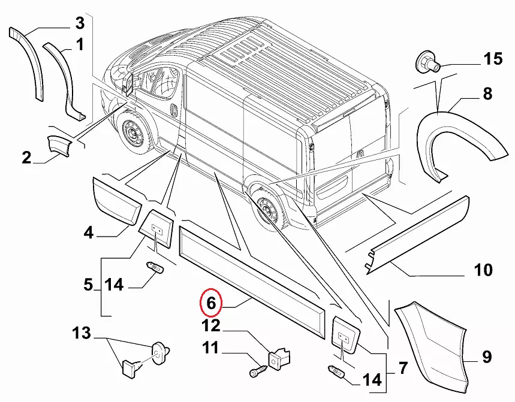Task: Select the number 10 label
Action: click(483, 270)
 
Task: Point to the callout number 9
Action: click(487, 358)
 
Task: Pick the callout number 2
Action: click(26, 158)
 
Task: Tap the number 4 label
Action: click(89, 232)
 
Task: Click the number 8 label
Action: click(487, 93)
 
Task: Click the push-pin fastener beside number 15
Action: click(427, 62)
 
